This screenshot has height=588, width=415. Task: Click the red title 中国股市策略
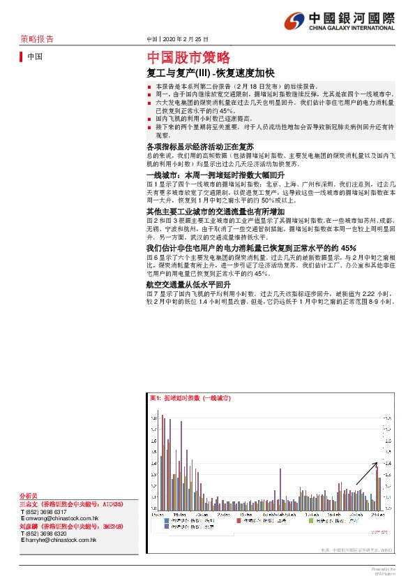click(188, 58)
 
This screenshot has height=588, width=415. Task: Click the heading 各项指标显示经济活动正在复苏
click(200, 147)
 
